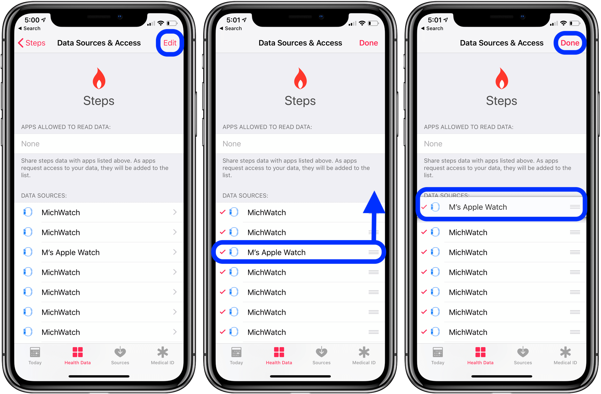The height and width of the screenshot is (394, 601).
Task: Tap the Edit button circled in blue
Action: pyautogui.click(x=170, y=43)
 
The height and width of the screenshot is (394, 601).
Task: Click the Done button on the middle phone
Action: pyautogui.click(x=368, y=43)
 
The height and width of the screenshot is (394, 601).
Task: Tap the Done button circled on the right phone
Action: pyautogui.click(x=570, y=43)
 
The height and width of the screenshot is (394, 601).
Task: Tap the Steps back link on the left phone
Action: pyautogui.click(x=32, y=43)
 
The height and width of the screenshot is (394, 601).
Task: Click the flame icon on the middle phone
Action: pyautogui.click(x=300, y=79)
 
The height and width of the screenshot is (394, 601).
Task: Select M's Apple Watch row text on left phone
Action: pyautogui.click(x=71, y=253)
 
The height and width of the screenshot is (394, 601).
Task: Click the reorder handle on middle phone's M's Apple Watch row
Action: pyautogui.click(x=373, y=252)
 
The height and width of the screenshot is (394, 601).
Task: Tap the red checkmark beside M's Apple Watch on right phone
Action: pyautogui.click(x=424, y=207)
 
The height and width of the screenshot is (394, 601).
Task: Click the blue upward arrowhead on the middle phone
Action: pyautogui.click(x=374, y=202)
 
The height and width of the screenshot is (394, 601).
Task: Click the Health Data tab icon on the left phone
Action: pyautogui.click(x=77, y=352)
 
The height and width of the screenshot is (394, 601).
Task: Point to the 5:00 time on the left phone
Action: pyautogui.click(x=32, y=20)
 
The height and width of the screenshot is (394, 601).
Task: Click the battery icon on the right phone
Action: pyautogui.click(x=574, y=23)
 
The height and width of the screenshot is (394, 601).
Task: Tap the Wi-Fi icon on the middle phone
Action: pyautogui.click(x=362, y=23)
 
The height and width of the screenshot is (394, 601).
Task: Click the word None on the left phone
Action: pyautogui.click(x=30, y=144)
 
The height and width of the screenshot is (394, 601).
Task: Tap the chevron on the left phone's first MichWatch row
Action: pyautogui.click(x=175, y=212)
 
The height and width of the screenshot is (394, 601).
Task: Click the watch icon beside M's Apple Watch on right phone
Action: pyautogui.click(x=435, y=207)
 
